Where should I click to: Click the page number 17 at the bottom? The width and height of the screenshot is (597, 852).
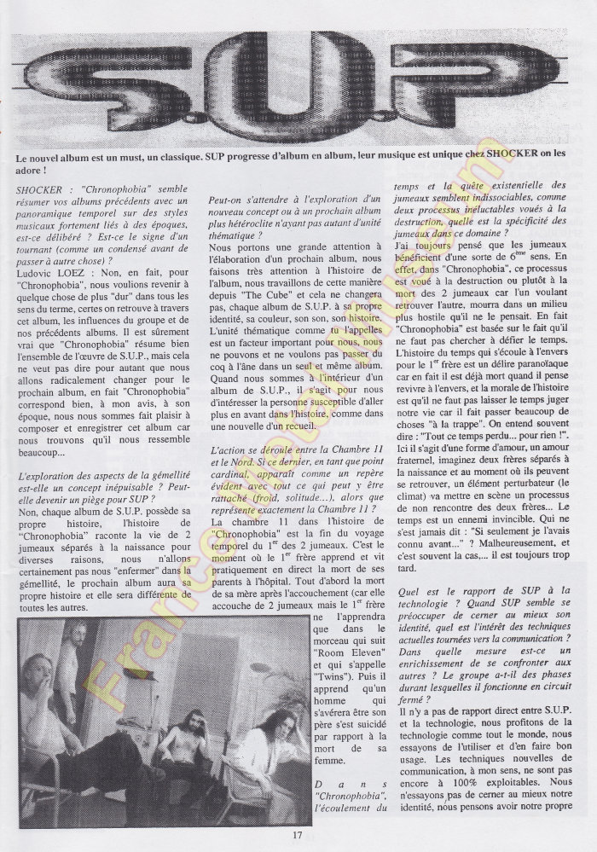point(298,834)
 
